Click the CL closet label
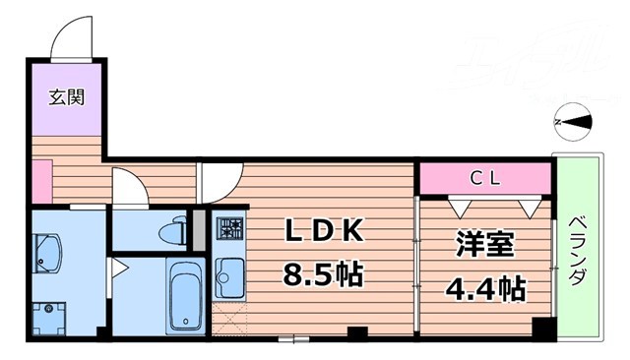pos(484,178)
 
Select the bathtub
pos(185,294)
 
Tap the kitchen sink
pos(228,276)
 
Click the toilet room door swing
pos(129,187)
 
